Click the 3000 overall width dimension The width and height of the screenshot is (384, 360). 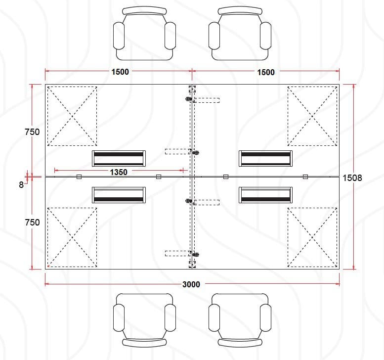point(191,284)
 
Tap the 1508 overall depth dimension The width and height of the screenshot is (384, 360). point(352,178)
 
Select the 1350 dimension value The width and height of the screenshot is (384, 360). point(119,172)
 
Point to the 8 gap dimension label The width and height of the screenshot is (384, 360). point(21,185)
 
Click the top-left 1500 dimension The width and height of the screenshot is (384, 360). point(120,72)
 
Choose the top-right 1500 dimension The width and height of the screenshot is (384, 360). point(266,72)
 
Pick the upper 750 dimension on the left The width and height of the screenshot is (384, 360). point(32,132)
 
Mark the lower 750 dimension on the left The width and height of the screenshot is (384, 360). point(32,222)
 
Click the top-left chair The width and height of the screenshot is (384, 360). point(144,34)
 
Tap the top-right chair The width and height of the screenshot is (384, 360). point(240,34)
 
